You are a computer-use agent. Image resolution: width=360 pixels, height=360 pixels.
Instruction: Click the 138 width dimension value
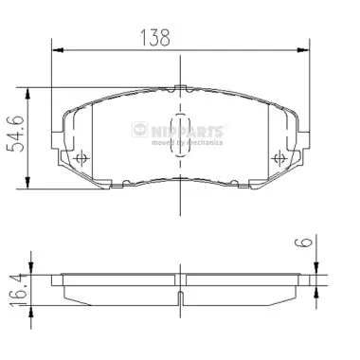click(157, 37)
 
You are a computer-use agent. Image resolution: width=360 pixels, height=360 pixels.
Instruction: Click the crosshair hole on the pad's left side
click(81, 156)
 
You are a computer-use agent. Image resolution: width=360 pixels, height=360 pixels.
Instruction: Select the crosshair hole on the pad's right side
click(277, 156)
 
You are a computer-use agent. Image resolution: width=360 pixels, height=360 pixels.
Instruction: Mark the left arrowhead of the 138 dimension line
click(55, 48)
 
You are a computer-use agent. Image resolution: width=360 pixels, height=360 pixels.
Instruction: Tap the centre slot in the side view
click(180, 295)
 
